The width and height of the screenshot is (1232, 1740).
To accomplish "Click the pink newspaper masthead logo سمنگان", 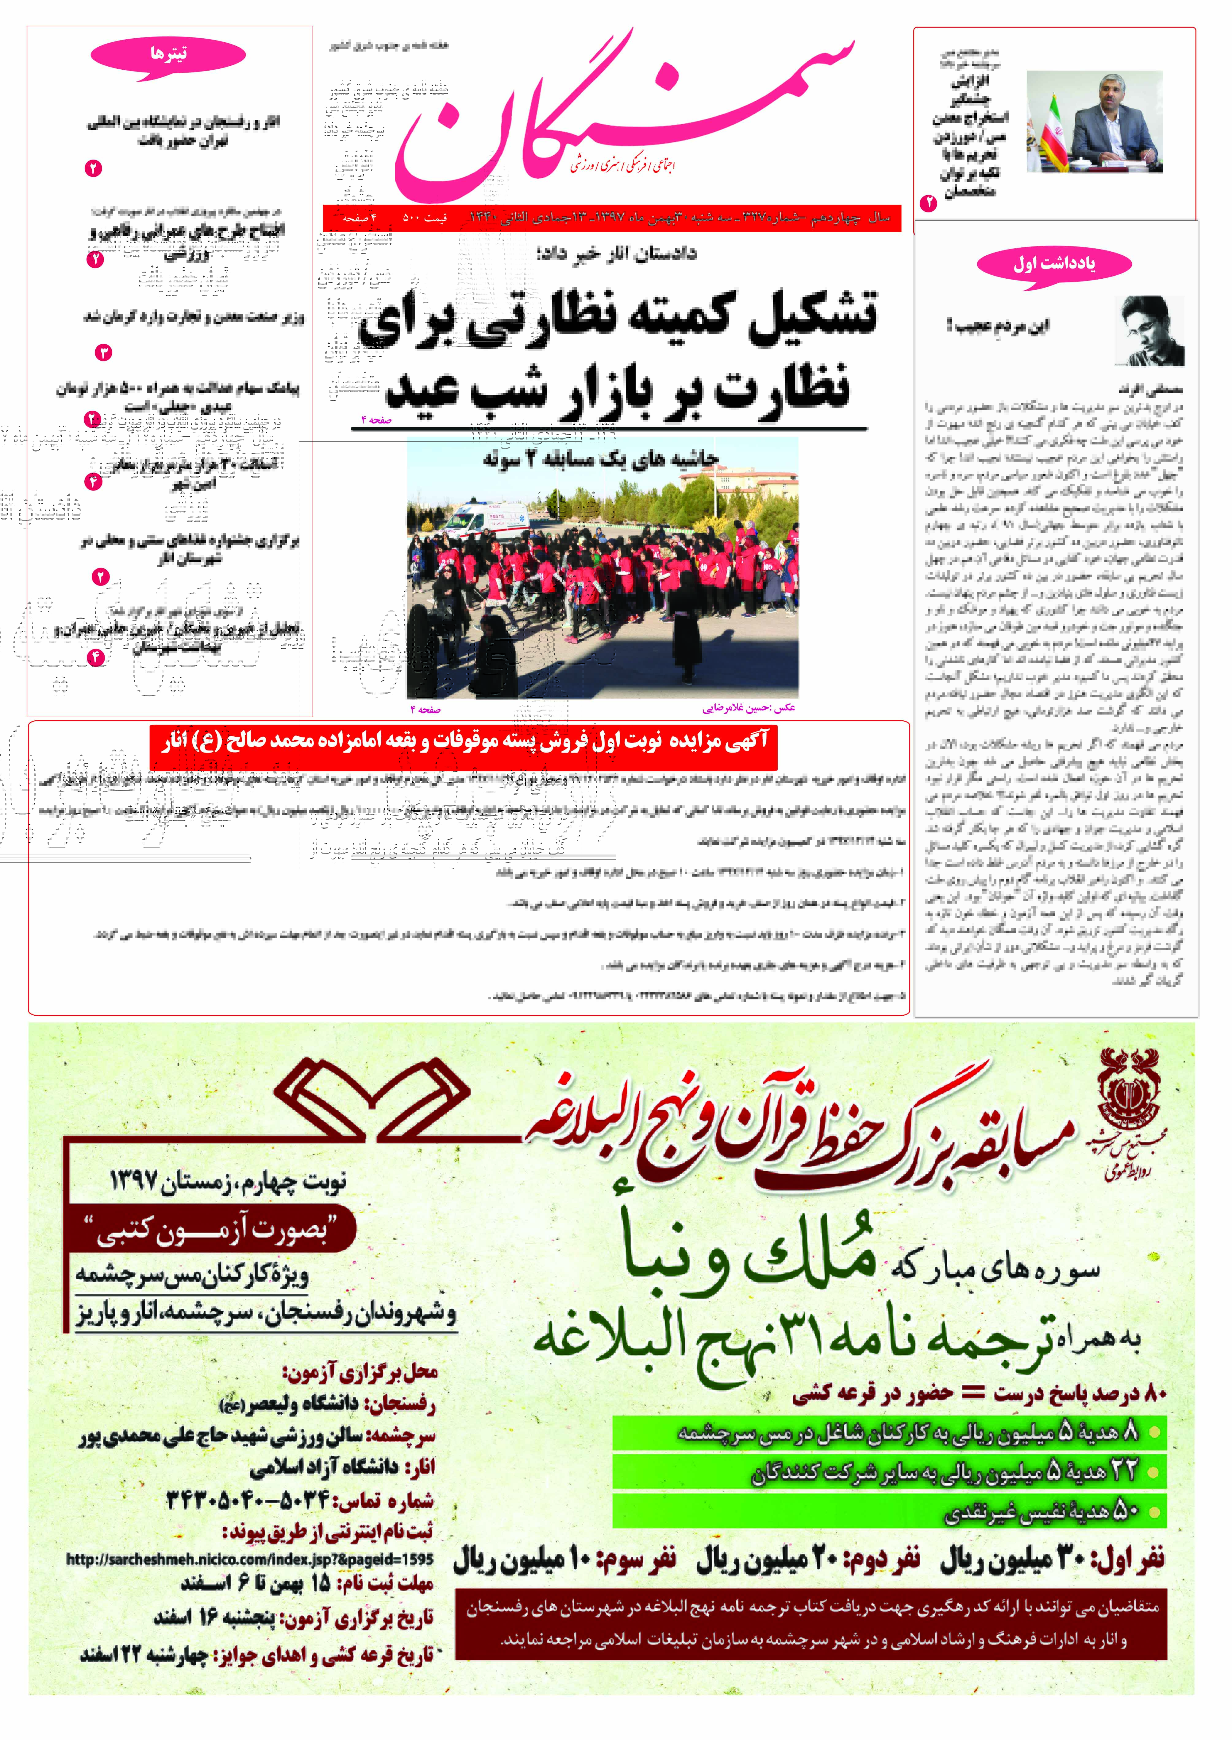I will coord(622,114).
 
